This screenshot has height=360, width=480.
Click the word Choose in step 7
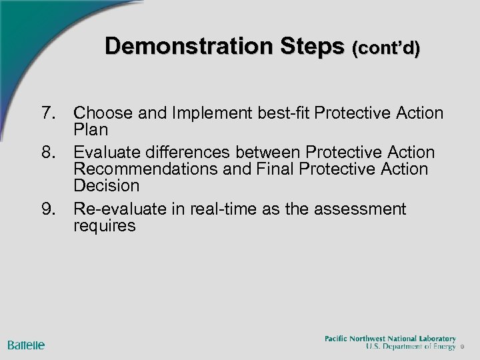tap(103, 113)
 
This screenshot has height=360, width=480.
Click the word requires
tap(105, 225)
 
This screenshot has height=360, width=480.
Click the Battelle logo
tap(27, 345)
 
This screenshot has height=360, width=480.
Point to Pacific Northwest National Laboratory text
tap(390, 339)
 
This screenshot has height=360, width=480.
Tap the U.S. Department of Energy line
tap(411, 347)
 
